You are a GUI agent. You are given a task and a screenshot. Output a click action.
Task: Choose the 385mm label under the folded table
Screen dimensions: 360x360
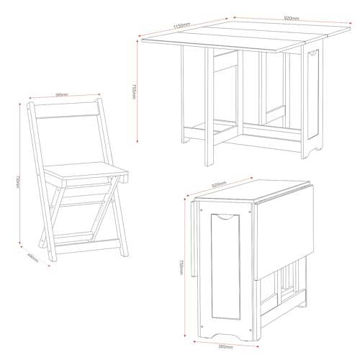coord(225,346)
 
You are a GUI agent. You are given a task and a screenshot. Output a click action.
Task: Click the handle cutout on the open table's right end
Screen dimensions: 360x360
coord(315,54)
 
